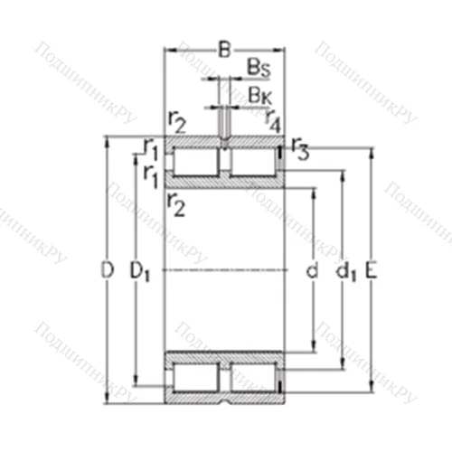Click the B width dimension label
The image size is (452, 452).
tap(224, 51)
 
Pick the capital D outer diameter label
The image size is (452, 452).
tap(107, 269)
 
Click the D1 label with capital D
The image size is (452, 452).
tap(139, 270)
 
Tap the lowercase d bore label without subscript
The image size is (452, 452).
tap(311, 270)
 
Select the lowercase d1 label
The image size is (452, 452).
tap(344, 270)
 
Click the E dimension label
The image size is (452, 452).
tap(372, 269)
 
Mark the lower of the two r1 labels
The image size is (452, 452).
tap(150, 174)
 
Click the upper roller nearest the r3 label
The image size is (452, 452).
tap(254, 163)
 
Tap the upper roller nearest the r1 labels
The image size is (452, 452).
tap(195, 163)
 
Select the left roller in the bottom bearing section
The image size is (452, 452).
tap(195, 377)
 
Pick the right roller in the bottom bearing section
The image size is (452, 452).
tap(254, 377)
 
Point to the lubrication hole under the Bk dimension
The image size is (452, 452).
tap(223, 138)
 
